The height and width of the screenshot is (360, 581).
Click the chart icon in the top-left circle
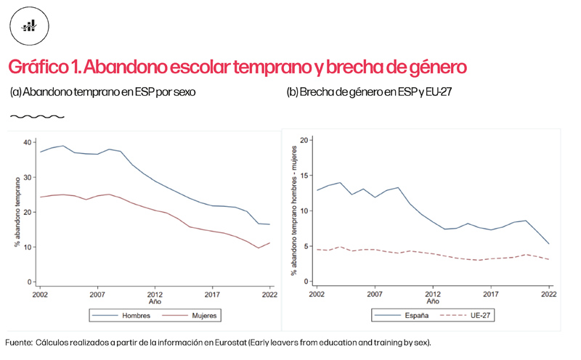tap(29, 26)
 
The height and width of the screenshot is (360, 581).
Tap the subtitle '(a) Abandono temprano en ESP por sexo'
tap(102, 92)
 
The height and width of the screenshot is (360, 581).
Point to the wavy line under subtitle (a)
tap(38, 116)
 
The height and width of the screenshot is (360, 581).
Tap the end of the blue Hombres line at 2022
tap(270, 224)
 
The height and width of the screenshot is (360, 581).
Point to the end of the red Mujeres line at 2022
tap(270, 243)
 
